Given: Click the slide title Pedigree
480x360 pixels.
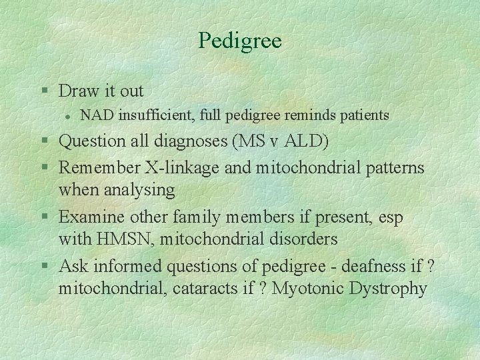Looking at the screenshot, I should click(240, 41).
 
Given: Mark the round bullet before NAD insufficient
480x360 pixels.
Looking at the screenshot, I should click(69, 116).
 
